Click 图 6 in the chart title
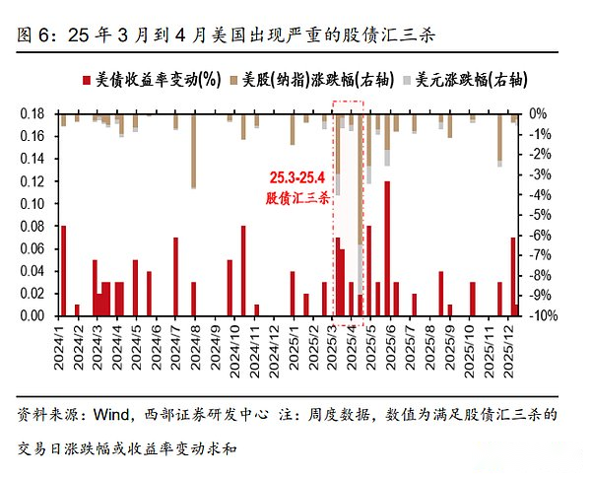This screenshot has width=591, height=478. coord(35,35)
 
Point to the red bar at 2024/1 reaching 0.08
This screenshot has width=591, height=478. coord(64,270)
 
